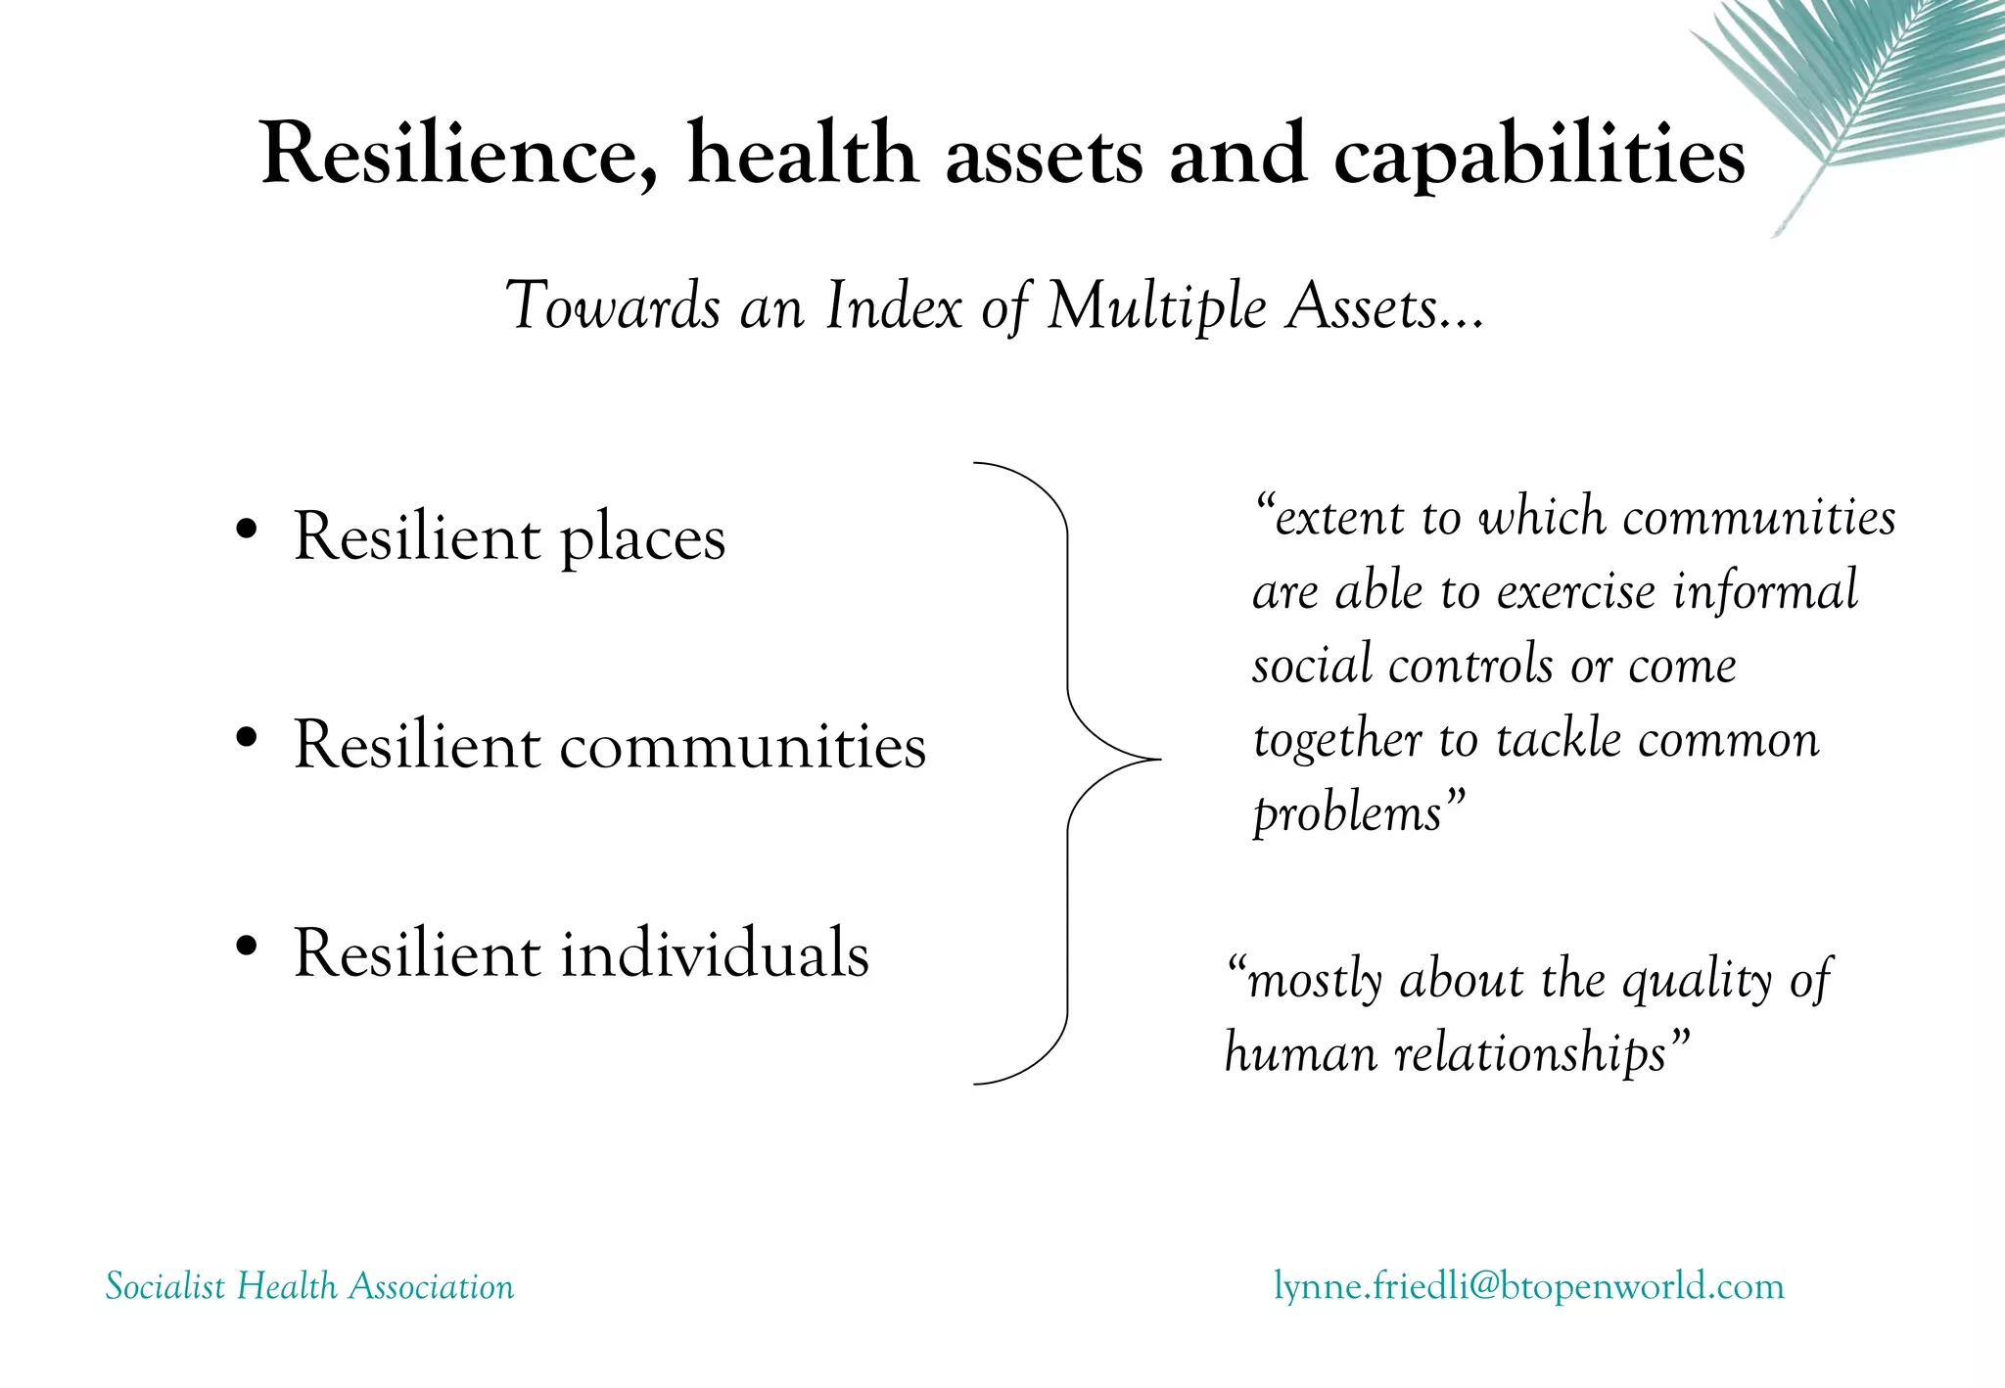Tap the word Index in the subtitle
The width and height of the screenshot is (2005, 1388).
[894, 305]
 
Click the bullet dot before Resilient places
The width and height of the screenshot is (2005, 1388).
[247, 529]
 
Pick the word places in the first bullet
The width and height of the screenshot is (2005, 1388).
[642, 538]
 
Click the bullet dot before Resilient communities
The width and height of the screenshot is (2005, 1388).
[247, 736]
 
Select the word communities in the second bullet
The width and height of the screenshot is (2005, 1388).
[742, 746]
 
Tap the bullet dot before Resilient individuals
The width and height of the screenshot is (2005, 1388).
[247, 945]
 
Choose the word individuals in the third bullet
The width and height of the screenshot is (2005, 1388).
[715, 953]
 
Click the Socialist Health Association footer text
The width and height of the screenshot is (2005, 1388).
[309, 1286]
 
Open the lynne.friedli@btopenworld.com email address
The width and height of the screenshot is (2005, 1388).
[1528, 1285]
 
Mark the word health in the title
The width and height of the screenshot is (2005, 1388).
[802, 154]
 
